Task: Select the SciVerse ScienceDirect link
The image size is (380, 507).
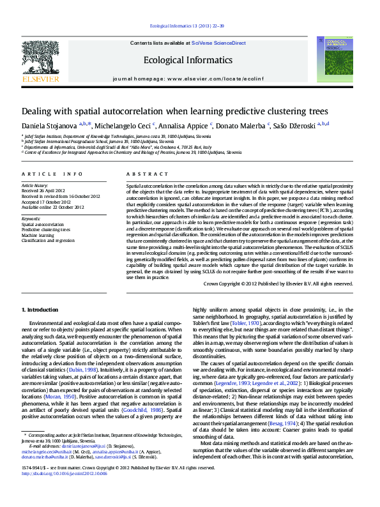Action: [219, 43]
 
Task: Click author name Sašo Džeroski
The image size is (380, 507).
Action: [299, 125]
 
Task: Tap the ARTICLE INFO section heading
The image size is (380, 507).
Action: [52, 174]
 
